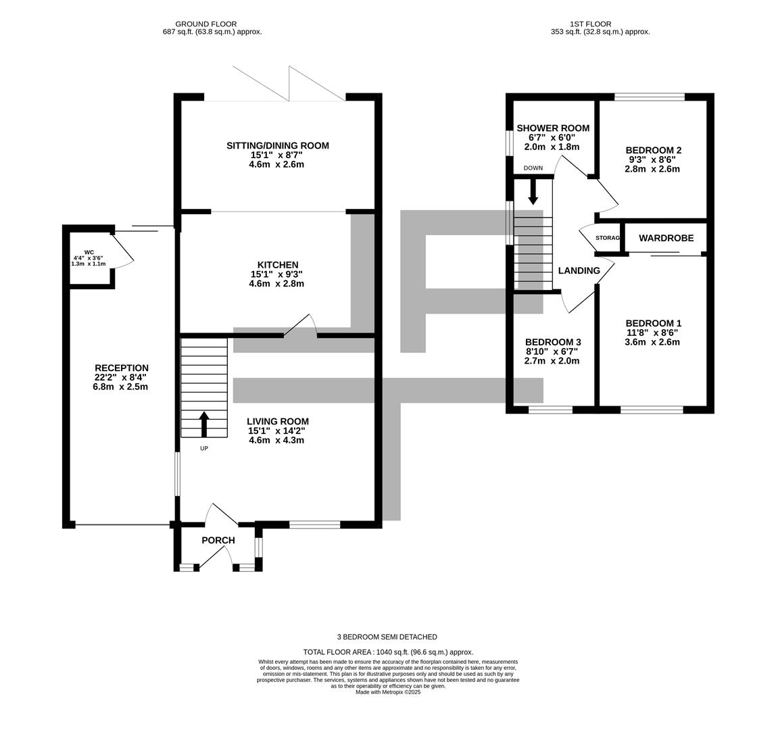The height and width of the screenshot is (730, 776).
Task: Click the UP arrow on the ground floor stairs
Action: [x=203, y=423]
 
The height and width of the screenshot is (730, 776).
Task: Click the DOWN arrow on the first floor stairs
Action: [x=533, y=191]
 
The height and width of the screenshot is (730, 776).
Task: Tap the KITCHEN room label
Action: [x=277, y=265]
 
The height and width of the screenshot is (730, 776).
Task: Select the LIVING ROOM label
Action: [x=277, y=421]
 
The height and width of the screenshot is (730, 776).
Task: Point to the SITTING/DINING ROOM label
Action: [x=277, y=145]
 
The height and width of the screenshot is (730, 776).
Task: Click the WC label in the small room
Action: [x=89, y=252]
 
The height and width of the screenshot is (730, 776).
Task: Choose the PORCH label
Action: [x=218, y=540]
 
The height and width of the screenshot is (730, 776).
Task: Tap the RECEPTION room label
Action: [x=121, y=368]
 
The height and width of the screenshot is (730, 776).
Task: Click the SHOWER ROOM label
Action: [x=553, y=128]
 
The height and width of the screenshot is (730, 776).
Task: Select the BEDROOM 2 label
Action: [x=653, y=150]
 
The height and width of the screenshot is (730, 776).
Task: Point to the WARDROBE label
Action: [x=666, y=238]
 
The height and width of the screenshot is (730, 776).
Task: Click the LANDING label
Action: [x=579, y=270]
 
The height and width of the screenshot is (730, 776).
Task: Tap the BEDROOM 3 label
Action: [x=552, y=342]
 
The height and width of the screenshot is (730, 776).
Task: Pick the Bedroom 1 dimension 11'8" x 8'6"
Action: [x=653, y=333]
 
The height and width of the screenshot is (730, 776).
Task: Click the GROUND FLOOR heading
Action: [x=205, y=24]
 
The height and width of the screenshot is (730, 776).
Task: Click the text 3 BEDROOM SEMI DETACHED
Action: [x=387, y=637]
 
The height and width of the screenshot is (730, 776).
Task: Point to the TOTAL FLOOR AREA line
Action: [x=387, y=652]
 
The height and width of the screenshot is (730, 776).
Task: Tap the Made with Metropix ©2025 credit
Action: [x=387, y=692]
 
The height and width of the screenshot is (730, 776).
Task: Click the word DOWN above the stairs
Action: [x=533, y=168]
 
